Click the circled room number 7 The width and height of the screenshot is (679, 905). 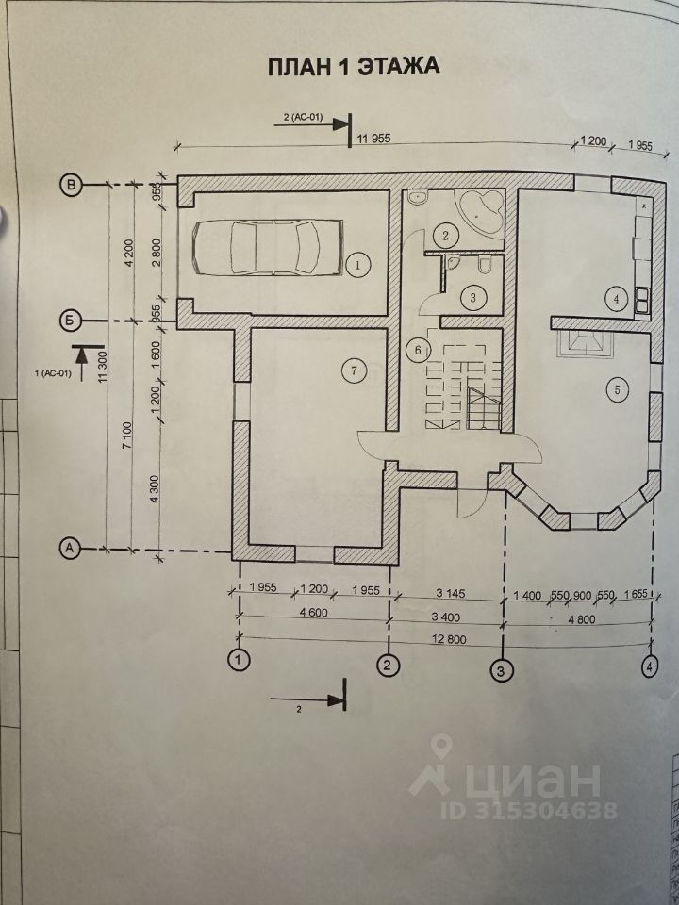coord(352,370)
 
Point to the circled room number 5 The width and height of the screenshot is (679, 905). coord(618,390)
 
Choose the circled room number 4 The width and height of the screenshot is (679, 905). coord(617,299)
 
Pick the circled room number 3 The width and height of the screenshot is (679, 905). coord(473,298)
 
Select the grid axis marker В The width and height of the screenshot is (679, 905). coord(70,185)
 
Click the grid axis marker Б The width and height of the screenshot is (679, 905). coord(70,320)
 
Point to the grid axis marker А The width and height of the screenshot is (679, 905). coord(70,546)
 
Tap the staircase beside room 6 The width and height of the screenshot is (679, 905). coord(464,387)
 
